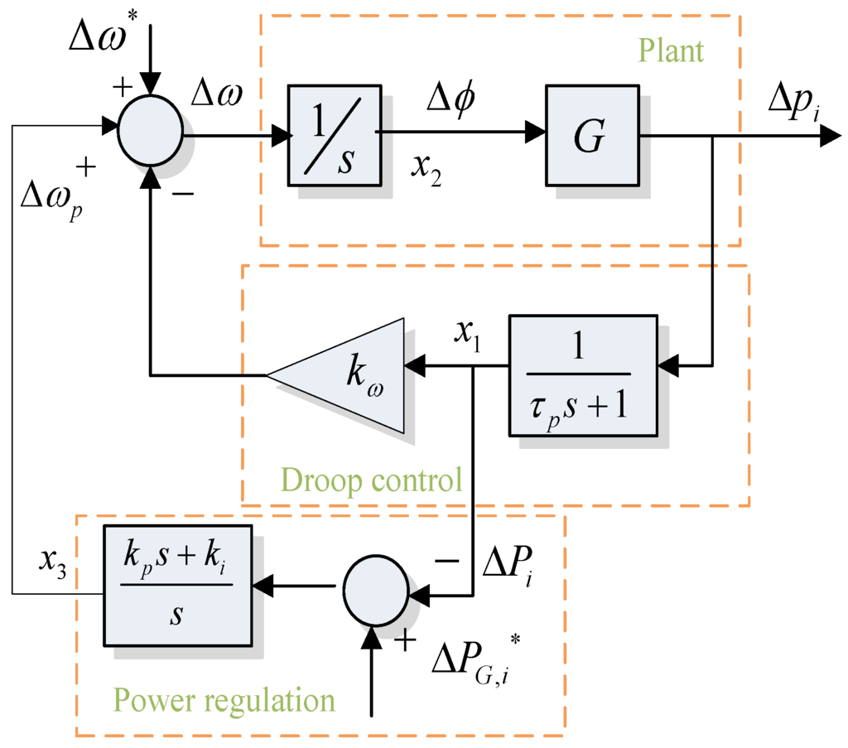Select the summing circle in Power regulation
[x=373, y=586]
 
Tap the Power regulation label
[x=224, y=700]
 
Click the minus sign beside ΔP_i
[x=446, y=560]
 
